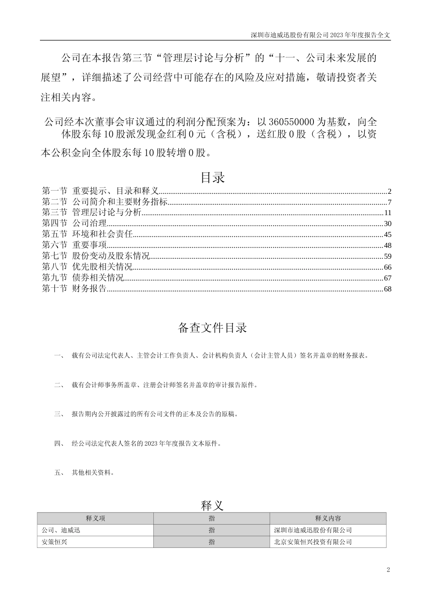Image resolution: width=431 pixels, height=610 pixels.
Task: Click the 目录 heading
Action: tap(212, 177)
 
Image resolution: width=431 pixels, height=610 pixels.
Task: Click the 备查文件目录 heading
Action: tap(212, 328)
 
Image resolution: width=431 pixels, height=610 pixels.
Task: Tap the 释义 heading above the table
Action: tap(212, 505)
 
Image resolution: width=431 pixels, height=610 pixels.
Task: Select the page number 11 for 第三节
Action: tap(387, 212)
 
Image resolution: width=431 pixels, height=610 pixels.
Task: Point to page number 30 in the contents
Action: tap(387, 223)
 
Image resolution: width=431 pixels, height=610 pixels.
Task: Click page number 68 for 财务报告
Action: tap(387, 289)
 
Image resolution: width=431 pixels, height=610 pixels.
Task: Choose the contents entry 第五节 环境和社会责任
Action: tap(87, 234)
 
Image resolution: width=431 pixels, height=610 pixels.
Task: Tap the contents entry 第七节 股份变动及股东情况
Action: tap(96, 256)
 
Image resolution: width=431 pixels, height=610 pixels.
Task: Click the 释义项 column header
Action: tap(95, 518)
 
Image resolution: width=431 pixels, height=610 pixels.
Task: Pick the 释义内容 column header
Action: tap(328, 518)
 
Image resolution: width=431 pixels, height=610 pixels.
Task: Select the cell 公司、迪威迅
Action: tap(61, 530)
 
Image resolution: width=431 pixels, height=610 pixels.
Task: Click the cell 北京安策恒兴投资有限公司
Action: tap(313, 542)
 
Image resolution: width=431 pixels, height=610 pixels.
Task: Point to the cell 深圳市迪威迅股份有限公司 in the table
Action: tap(313, 530)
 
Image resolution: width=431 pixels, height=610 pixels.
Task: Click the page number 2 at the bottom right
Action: tap(388, 570)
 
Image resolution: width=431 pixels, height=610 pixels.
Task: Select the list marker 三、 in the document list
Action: tap(59, 414)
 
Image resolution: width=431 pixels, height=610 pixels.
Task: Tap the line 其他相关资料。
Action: tap(93, 472)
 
